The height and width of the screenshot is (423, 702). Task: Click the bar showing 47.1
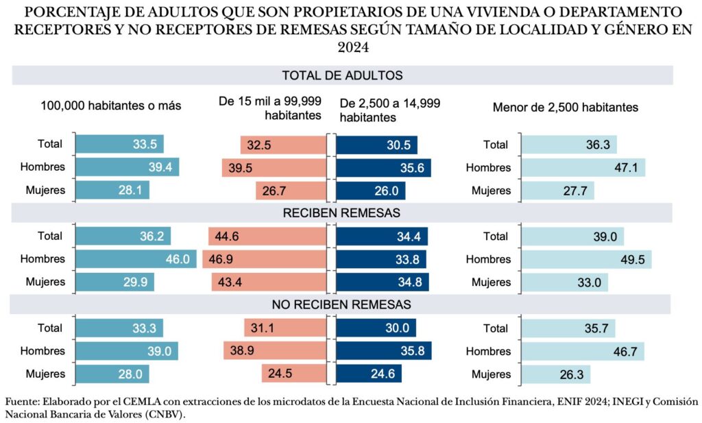pos(583,167)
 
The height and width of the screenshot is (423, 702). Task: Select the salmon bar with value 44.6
pos(267,236)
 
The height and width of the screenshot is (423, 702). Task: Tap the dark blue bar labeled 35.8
pos(383,351)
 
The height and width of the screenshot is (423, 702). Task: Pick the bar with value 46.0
pos(136,259)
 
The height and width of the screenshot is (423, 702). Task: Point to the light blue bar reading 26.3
pos(555,374)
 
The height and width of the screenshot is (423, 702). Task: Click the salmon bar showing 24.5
pos(293,374)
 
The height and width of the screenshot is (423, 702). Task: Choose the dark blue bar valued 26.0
pos(371,191)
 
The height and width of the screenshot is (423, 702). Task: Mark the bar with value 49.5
pos(586,259)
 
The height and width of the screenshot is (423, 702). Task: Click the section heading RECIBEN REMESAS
pos(341,213)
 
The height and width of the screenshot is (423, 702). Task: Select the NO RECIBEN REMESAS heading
pos(341,304)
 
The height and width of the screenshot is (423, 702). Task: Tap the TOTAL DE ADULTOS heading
pos(341,75)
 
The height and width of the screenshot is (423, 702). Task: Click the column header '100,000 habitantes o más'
pos(110,107)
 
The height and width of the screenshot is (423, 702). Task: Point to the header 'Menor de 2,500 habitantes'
pos(566,108)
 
